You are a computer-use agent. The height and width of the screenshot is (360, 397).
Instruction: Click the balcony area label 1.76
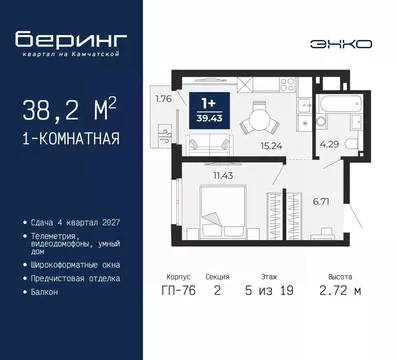164,98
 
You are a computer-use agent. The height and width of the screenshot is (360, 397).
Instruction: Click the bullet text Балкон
45,293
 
